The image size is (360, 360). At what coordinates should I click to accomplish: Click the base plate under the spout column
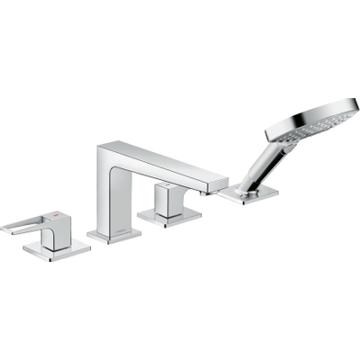click(114, 235)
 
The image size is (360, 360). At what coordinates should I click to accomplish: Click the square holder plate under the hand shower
click(251, 193)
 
